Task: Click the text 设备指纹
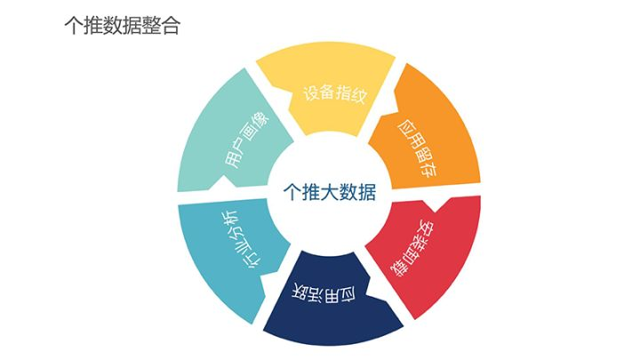(334, 92)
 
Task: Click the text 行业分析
(241, 242)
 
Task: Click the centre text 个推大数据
(328, 193)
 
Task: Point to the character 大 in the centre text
(329, 193)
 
